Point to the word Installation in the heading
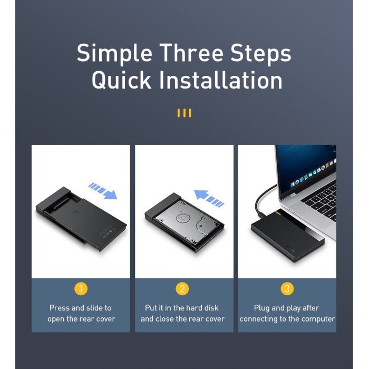[221, 80]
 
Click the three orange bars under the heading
[184, 113]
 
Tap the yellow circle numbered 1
[81, 288]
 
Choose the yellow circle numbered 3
[287, 288]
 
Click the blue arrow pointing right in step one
[103, 191]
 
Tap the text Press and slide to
[81, 308]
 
